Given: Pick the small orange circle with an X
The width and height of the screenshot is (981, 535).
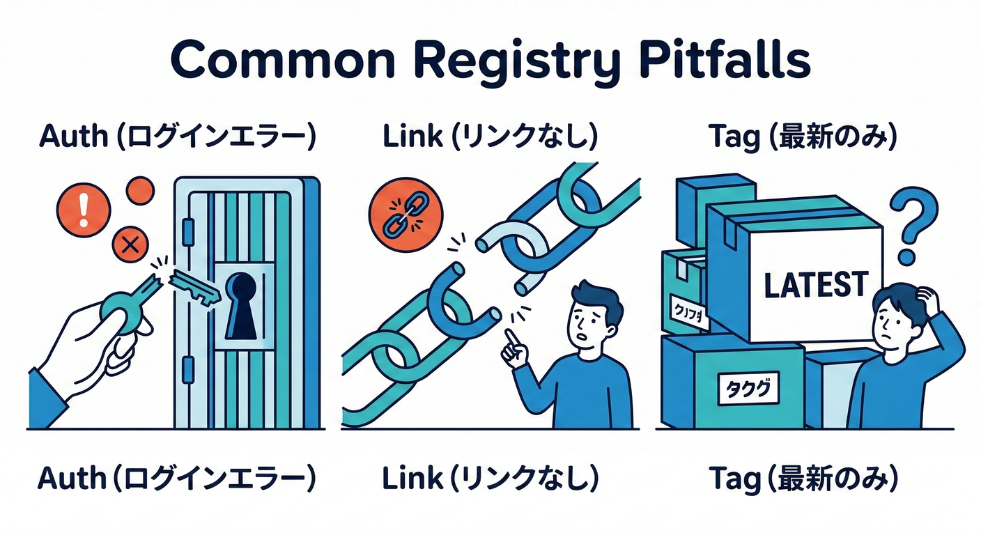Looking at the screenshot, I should [x=128, y=245].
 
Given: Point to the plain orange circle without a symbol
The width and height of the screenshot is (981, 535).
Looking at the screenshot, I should [x=140, y=189].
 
